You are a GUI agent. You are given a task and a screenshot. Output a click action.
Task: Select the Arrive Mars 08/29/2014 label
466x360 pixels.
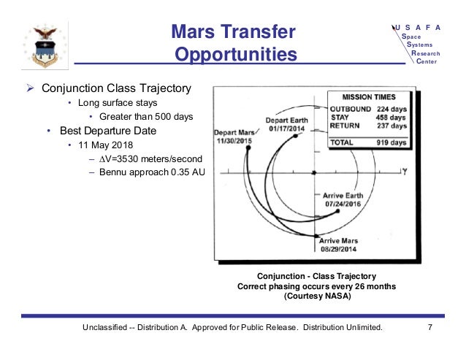point(340,245)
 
